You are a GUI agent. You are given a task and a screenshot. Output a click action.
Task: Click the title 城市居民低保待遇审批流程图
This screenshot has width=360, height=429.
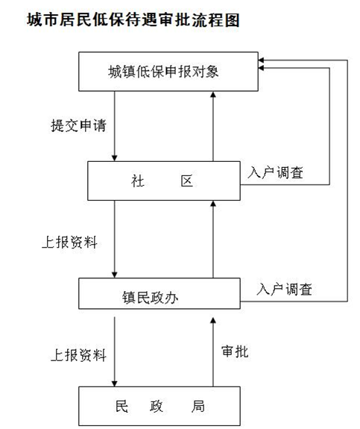[133, 20]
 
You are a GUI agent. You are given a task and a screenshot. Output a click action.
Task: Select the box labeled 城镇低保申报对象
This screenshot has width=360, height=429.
[168, 72]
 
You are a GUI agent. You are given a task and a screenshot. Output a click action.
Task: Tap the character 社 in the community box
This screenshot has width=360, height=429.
[137, 181]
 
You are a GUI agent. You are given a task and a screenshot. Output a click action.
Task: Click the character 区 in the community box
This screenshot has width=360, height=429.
[187, 181]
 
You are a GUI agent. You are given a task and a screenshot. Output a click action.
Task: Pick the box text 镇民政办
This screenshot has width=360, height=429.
[151, 298]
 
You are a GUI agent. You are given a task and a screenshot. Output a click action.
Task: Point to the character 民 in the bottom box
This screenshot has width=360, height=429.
[121, 407]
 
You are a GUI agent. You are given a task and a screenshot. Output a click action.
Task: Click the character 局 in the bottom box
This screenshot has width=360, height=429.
[198, 407]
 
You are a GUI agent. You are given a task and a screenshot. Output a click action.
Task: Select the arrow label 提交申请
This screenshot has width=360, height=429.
[78, 125]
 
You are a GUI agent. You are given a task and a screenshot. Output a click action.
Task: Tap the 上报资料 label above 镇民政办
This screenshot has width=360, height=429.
[69, 242]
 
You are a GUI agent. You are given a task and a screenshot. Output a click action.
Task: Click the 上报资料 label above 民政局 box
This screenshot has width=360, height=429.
[78, 355]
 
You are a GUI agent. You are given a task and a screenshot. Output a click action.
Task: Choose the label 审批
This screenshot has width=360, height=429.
[235, 351]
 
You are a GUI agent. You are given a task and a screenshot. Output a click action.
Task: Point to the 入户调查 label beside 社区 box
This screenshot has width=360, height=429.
[275, 172]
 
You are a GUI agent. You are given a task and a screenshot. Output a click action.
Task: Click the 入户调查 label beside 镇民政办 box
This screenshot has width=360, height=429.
[284, 289]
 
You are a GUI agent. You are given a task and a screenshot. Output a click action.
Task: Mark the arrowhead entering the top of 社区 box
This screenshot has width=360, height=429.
[115, 158]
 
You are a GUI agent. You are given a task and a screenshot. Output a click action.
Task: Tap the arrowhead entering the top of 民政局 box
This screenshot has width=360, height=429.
[115, 383]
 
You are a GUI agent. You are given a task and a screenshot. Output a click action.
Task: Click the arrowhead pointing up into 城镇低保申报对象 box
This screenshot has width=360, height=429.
[213, 95]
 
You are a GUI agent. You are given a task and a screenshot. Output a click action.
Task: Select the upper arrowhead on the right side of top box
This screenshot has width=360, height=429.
[262, 60]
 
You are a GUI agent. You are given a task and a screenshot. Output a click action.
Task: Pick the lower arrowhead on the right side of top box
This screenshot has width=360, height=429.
[262, 68]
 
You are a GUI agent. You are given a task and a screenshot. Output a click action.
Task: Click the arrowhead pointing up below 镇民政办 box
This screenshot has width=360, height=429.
[213, 320]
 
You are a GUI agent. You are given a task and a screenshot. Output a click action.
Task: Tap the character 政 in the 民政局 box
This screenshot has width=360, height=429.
[157, 407]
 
